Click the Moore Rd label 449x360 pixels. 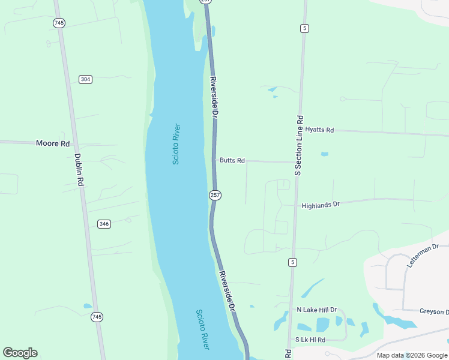point(53,143)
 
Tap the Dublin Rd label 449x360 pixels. point(78,171)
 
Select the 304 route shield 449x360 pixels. point(85,79)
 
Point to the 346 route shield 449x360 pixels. point(104,224)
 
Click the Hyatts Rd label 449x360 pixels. point(319,130)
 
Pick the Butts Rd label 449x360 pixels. point(232,160)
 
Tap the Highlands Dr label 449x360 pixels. point(321,205)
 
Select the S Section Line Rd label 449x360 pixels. point(299,145)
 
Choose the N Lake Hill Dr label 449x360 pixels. point(317,310)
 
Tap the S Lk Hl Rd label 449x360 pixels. point(311,340)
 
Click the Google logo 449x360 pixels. point(20,353)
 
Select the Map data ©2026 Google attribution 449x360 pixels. point(411,355)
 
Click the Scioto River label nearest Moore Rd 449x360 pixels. point(176,144)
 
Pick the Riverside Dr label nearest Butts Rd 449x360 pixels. point(214,97)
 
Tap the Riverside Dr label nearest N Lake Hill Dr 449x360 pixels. point(227,291)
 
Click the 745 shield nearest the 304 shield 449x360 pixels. point(58,23)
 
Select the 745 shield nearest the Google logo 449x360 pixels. point(97,317)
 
